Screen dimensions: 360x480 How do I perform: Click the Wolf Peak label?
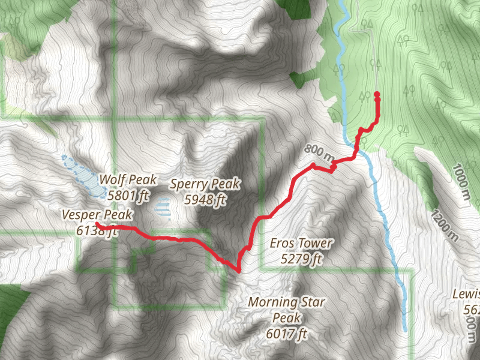[128, 179]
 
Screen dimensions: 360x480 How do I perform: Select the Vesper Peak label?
[96, 214]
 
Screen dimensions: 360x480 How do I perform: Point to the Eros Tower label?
[301, 244]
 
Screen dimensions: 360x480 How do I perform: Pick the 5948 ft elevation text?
[205, 199]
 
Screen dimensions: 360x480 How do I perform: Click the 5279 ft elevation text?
[301, 259]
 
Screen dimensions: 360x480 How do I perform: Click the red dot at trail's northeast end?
[377, 95]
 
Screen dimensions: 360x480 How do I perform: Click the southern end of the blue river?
[406, 329]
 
